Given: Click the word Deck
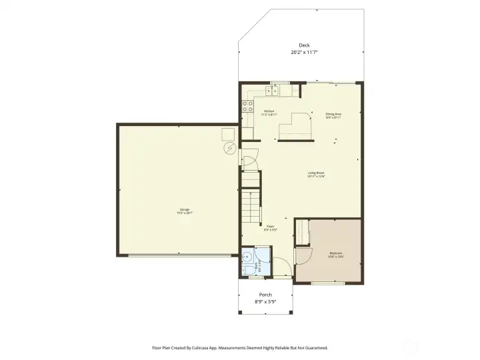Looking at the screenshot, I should pos(303,45).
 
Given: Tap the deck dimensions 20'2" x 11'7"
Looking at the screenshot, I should pos(303,52).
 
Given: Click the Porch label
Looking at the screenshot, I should pos(265,295).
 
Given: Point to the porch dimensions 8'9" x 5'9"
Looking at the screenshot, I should pos(265,302).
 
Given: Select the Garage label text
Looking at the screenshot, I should pos(184,209).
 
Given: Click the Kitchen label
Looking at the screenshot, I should pos(269,111).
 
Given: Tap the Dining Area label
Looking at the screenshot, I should pos(333,114).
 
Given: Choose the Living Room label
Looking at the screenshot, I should pos(315,173).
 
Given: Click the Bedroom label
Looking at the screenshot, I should pos(336,253).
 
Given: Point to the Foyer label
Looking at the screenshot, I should pos(270,226).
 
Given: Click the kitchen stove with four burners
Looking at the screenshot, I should pos(247,107).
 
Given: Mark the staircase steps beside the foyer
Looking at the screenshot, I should pos(250,207).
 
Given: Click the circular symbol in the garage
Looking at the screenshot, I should pos(230,147).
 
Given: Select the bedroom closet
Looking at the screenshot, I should pos(302,233).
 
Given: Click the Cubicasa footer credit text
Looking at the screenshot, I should pos(240,347).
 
